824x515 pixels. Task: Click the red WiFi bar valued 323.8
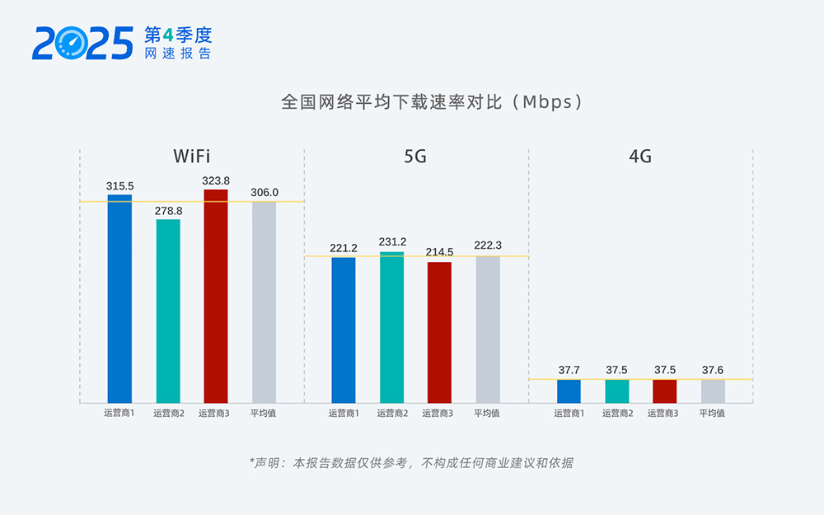click(216, 297)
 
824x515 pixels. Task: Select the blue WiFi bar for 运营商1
click(119, 299)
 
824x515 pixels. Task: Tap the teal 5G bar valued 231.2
click(392, 328)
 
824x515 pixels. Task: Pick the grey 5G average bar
click(488, 330)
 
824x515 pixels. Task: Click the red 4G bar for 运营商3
click(664, 391)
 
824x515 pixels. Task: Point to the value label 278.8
click(168, 211)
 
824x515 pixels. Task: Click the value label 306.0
click(265, 193)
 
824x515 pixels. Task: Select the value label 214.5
click(439, 252)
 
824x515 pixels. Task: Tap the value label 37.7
click(569, 370)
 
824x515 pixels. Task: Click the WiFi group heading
click(191, 157)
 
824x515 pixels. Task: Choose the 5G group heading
click(416, 157)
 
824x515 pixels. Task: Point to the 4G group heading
click(640, 157)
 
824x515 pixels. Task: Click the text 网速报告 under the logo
click(178, 53)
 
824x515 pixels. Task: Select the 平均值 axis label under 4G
click(712, 414)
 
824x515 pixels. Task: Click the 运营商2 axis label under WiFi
click(169, 414)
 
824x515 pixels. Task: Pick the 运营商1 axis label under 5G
click(344, 414)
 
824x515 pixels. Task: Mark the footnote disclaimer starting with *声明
click(411, 463)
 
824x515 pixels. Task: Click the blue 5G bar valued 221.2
click(344, 330)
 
